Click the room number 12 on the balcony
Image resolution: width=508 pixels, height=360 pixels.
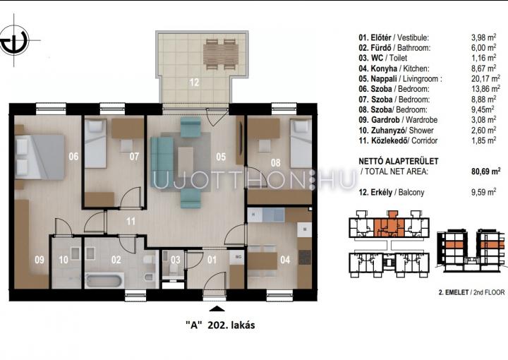(194, 83)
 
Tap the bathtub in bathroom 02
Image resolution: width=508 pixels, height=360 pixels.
(104, 281)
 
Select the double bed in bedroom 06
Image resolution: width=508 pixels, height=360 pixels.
(40, 157)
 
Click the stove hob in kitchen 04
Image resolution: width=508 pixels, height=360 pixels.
(305, 257)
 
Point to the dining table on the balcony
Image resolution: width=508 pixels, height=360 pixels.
(221, 54)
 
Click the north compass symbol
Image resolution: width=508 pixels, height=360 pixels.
(15, 40)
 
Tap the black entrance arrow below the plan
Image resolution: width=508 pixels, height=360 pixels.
(217, 308)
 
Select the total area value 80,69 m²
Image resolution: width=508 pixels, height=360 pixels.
(485, 171)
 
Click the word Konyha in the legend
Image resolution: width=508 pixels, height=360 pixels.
(384, 68)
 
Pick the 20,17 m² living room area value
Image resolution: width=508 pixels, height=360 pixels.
(485, 78)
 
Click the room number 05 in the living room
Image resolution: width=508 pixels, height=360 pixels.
(221, 157)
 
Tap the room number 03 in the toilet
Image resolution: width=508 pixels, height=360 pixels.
(175, 260)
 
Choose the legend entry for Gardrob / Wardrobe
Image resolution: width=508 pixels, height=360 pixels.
(398, 120)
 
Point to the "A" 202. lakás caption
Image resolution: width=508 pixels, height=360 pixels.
(220, 325)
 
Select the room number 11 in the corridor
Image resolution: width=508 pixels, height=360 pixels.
(131, 222)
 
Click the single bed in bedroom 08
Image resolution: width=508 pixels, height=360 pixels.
(301, 143)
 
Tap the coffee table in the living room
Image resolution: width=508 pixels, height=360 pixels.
(186, 162)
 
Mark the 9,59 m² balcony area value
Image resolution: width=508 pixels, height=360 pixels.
(483, 192)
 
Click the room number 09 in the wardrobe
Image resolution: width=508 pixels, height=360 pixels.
(40, 260)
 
